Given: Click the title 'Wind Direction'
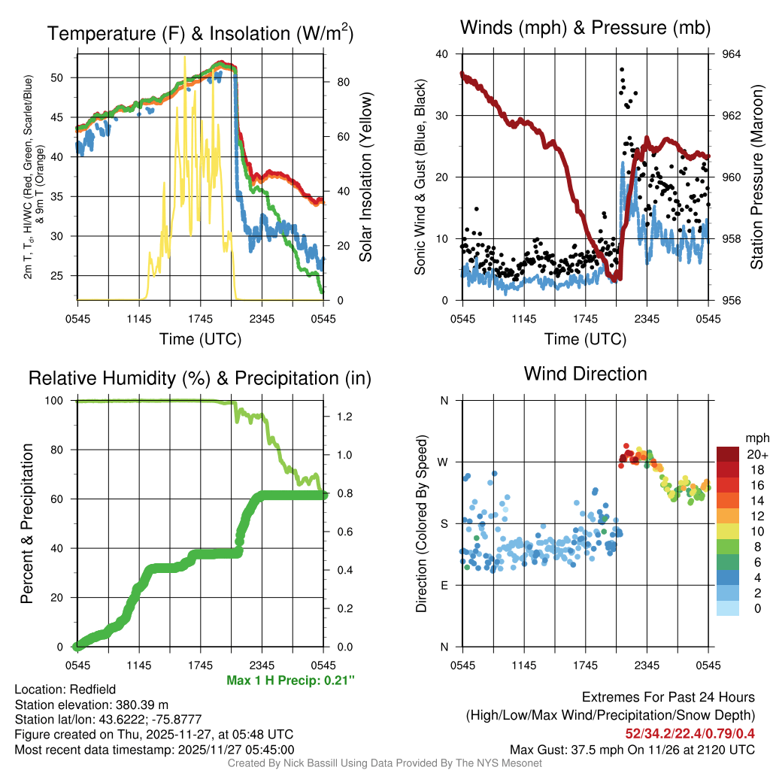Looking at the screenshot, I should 585,374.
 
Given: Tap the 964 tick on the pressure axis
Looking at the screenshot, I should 732,54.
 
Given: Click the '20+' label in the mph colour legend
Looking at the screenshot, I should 756,454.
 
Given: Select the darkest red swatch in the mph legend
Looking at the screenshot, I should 729,454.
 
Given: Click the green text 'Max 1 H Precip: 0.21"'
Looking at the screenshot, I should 290,681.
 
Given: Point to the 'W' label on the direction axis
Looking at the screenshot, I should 444,462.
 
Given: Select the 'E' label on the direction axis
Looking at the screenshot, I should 444,585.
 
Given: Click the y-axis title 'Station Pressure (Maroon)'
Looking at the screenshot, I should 756,177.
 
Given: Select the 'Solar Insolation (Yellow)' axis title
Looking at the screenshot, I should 366,177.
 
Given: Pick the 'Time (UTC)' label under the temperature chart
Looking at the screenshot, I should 200,339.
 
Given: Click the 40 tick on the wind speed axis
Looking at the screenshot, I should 442,54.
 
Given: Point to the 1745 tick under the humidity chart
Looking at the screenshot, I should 200,665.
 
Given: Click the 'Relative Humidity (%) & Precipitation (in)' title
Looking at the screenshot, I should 200,378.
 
